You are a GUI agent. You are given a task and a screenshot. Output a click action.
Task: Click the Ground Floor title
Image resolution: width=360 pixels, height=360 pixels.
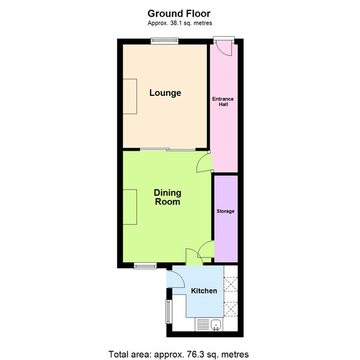tap(179, 13)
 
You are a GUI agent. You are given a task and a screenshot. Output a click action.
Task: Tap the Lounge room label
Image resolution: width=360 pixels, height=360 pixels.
tap(165, 93)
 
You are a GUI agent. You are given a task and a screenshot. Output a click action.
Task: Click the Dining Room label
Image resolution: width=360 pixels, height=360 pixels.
tap(167, 197)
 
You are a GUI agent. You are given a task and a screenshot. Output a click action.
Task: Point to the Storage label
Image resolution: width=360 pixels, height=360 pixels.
tap(226, 211)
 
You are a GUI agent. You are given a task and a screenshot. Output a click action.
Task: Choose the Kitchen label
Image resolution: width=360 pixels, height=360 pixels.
tap(203, 291)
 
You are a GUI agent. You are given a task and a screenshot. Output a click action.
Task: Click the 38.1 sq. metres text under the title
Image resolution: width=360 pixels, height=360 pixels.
tap(179, 23)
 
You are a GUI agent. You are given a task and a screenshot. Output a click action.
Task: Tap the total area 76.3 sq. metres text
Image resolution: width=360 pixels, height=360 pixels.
tap(178, 354)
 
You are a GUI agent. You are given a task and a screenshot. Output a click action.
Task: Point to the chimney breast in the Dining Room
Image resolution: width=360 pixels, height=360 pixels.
tap(130, 206)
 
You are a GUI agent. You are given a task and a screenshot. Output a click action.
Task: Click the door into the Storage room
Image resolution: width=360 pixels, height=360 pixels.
tap(207, 250)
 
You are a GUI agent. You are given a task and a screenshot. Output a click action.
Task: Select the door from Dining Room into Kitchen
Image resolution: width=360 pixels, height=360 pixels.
tap(193, 256)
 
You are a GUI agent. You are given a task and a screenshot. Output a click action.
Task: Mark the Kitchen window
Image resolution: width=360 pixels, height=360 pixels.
tap(169, 311)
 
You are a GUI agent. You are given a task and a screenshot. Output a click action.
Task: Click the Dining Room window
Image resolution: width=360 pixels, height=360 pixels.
tap(145, 266)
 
